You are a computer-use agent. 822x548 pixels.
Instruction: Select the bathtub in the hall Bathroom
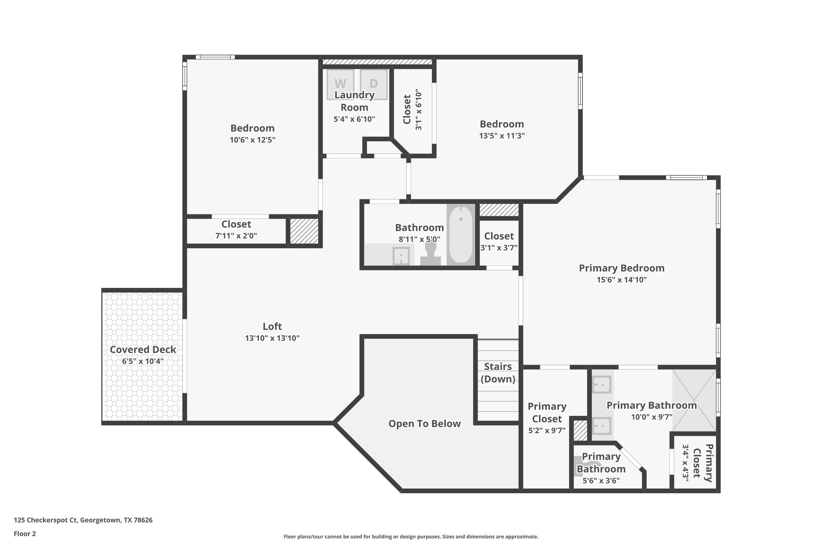(460, 234)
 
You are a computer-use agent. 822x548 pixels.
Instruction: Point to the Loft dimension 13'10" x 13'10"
(272, 338)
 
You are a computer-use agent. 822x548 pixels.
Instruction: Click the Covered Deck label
(143, 350)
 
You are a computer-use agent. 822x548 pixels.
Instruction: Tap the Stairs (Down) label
(498, 373)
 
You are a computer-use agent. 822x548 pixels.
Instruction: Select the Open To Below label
(424, 424)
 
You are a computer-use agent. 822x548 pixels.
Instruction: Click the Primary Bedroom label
(621, 268)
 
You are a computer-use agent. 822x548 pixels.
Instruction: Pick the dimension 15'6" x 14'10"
(621, 280)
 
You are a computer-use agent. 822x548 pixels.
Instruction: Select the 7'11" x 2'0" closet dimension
(236, 236)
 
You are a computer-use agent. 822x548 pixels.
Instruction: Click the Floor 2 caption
(25, 534)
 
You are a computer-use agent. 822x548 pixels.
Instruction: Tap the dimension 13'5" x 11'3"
(502, 136)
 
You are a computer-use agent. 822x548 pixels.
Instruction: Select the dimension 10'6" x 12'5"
(252, 140)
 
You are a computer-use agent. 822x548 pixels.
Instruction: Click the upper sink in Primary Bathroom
(602, 385)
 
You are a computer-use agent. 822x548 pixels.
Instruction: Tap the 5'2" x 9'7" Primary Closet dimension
(547, 430)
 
